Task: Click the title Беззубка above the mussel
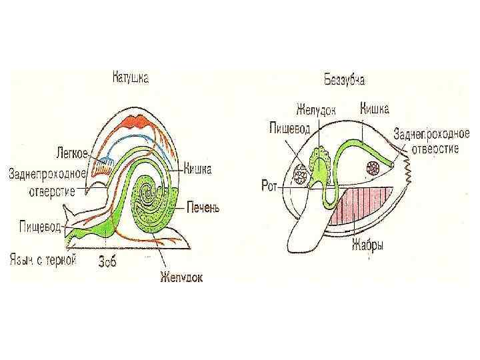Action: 344,80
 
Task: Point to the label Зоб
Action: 107,262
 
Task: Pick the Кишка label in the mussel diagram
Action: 375,107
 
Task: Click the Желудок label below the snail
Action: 181,275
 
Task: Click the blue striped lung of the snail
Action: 102,165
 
